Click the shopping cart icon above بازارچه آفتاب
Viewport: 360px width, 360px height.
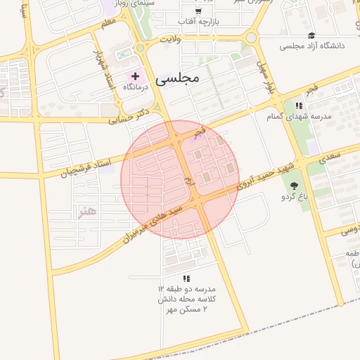(198, 11)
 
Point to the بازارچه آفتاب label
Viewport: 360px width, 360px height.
(199, 22)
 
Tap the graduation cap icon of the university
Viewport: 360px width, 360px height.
(311, 35)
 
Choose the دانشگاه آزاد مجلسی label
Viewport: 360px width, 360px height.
(312, 46)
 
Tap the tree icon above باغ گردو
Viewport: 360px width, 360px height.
(293, 185)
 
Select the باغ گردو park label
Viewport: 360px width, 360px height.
(293, 196)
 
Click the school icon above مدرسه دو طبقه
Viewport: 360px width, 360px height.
(186, 278)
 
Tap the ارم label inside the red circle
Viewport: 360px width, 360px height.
(188, 182)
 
